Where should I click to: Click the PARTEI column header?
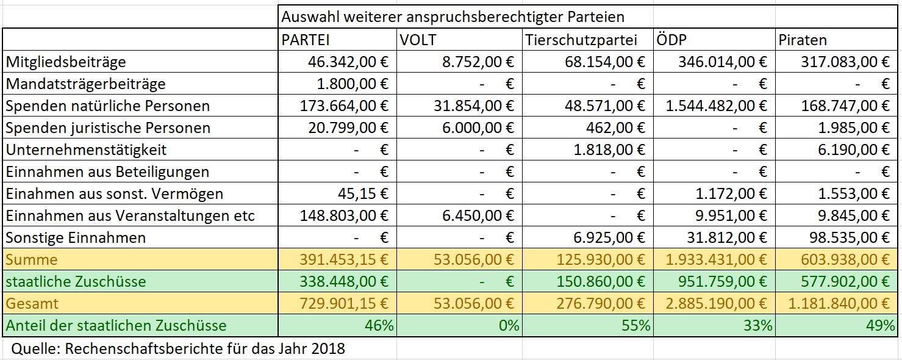tap(306, 40)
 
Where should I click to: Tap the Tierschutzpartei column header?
tap(581, 40)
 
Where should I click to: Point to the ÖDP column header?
tap(673, 40)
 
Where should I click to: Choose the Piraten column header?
tap(803, 40)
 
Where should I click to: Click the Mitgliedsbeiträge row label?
tap(66, 62)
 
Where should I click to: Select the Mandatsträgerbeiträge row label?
tap(85, 84)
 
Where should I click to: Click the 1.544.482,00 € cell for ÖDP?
tap(717, 106)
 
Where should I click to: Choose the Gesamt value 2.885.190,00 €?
tap(717, 303)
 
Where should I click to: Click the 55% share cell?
tap(636, 325)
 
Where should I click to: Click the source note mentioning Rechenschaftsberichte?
tap(178, 348)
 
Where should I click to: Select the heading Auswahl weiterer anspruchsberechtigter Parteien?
tap(453, 16)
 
